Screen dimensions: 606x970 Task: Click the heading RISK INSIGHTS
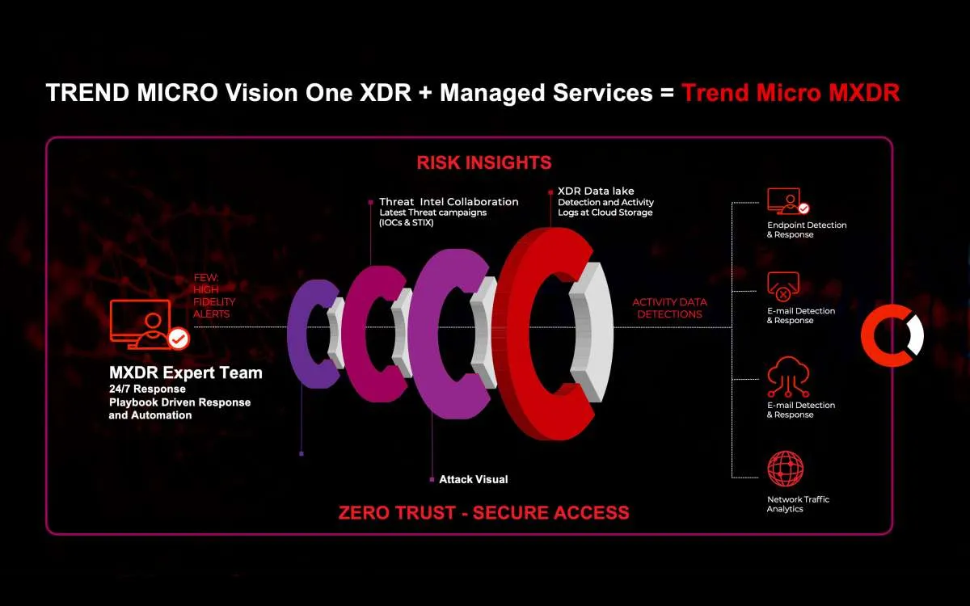pos(484,162)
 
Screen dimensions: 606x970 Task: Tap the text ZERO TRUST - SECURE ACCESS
pos(483,512)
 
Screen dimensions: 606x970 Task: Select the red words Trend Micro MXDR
pos(790,92)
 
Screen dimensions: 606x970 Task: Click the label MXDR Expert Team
pos(185,373)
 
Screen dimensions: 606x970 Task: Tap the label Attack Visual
pos(473,479)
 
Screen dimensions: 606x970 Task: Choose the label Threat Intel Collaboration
pos(449,202)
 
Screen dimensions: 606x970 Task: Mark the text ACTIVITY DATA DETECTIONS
pos(669,308)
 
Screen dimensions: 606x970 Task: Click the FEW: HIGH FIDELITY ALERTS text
pos(211,296)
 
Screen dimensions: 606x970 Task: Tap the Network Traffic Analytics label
pos(798,504)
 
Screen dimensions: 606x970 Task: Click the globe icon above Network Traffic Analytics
pos(786,468)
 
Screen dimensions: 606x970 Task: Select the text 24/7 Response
pos(147,389)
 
